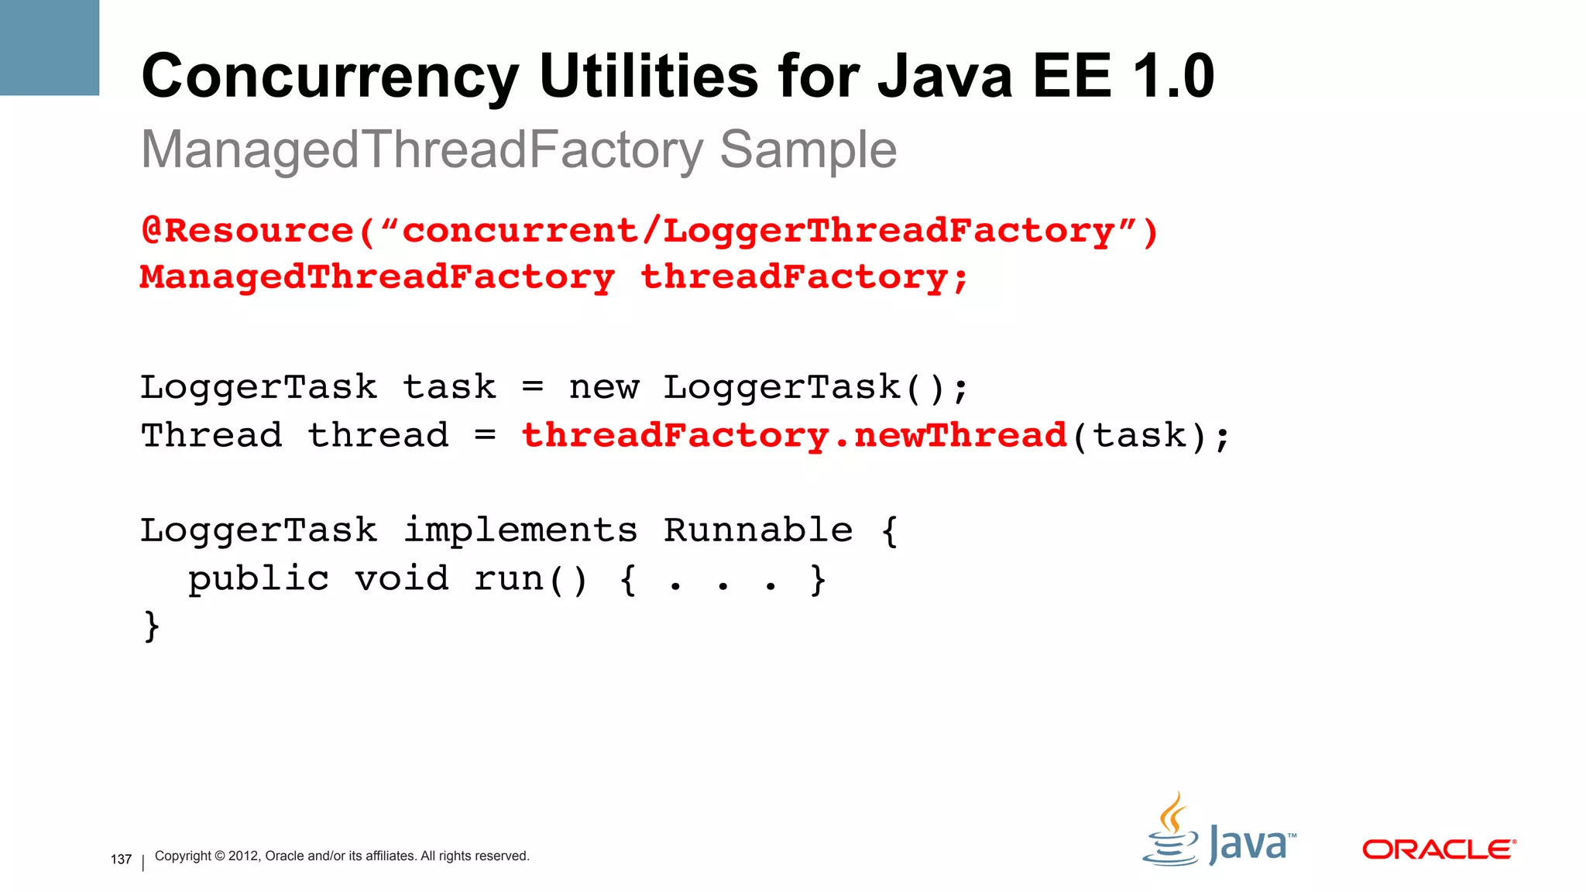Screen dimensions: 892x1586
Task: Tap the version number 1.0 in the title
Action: tap(1173, 76)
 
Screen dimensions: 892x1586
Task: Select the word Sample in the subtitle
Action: tap(808, 149)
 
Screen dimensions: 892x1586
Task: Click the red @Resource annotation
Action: tap(248, 231)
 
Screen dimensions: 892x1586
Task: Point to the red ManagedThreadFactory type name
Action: tap(377, 277)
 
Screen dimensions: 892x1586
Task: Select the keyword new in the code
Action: tap(604, 387)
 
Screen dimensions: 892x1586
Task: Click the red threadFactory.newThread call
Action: tap(795, 435)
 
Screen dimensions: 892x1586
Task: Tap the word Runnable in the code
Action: tap(758, 530)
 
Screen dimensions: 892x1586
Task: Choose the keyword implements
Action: tap(520, 530)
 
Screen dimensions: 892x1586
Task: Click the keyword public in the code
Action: tap(259, 579)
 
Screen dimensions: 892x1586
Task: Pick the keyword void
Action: tap(401, 578)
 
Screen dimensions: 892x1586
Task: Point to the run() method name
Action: tap(530, 578)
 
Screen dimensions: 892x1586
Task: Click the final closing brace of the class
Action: tap(152, 626)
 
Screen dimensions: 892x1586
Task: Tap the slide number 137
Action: tap(122, 859)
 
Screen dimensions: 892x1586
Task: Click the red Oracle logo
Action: tap(1438, 849)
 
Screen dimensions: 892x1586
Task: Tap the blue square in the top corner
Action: tap(50, 47)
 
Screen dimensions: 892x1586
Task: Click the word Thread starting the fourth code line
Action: tap(211, 435)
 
